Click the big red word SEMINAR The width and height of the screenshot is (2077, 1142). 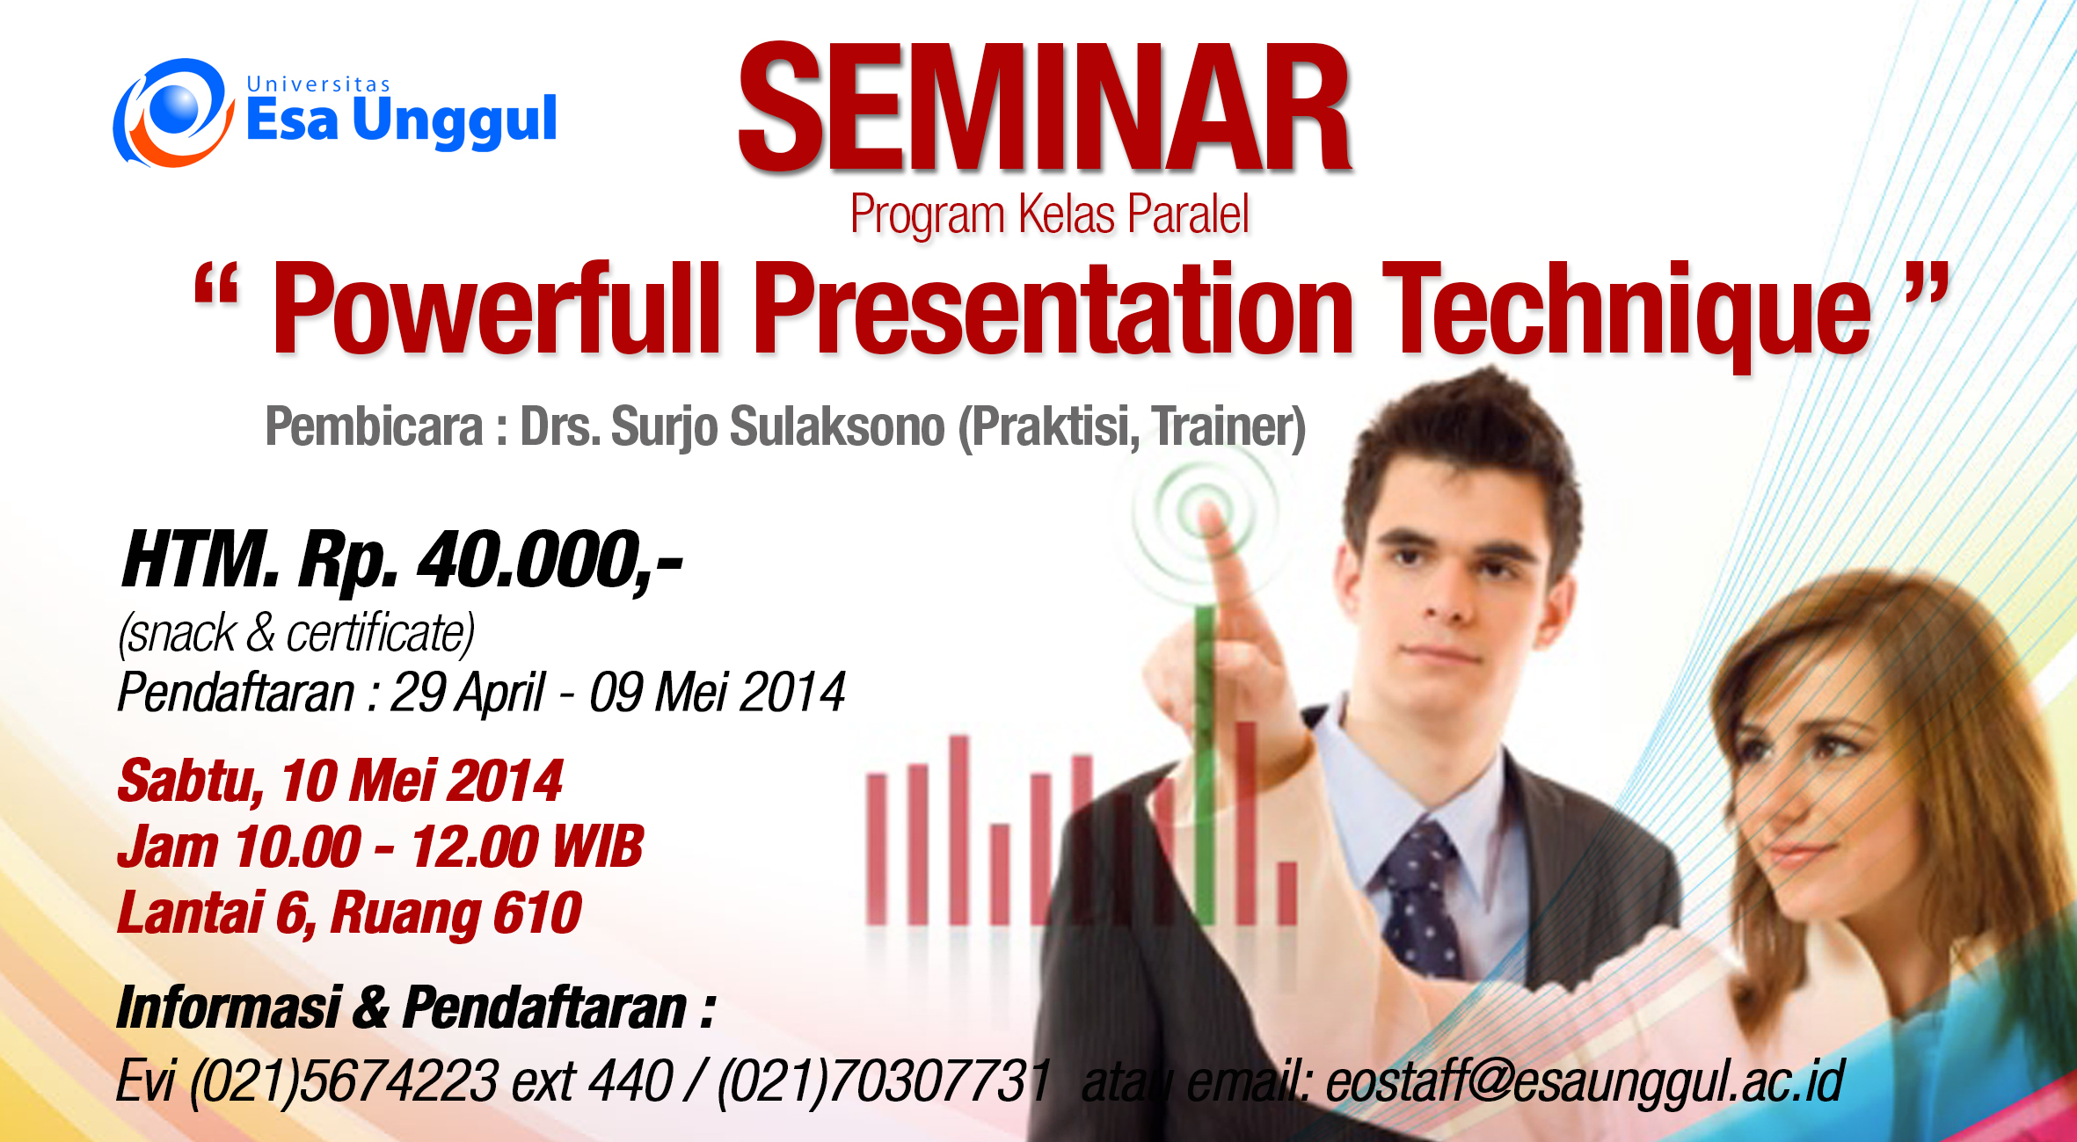1045,107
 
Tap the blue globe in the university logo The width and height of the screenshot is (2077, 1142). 177,109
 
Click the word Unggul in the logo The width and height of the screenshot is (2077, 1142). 455,120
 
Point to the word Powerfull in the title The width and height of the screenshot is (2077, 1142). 495,309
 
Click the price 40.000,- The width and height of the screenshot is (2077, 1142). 550,560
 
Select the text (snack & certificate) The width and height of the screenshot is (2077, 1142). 296,633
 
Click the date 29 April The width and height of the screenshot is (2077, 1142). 467,693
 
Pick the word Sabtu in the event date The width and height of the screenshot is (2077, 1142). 191,782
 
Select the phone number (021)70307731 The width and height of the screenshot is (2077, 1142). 885,1081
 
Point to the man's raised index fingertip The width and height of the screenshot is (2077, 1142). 1211,518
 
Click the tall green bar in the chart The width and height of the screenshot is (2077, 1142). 1205,765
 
